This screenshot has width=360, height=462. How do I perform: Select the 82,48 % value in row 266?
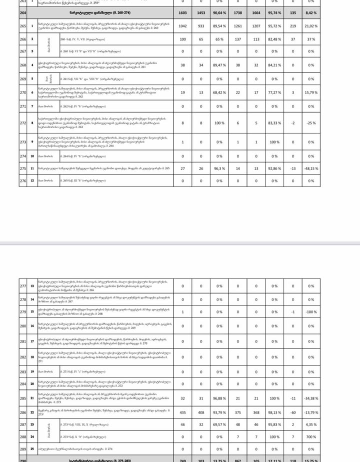click(x=274, y=39)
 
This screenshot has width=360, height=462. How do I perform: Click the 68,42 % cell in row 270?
click(x=219, y=92)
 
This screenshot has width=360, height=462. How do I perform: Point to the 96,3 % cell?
click(x=219, y=168)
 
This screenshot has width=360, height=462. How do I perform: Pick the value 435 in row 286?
click(x=182, y=412)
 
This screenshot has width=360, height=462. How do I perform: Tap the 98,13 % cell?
click(x=274, y=412)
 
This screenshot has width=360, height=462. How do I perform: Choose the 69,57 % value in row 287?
click(x=219, y=424)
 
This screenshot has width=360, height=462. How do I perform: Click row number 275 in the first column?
click(x=22, y=168)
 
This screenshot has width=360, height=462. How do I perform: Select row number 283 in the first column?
click(x=22, y=372)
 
